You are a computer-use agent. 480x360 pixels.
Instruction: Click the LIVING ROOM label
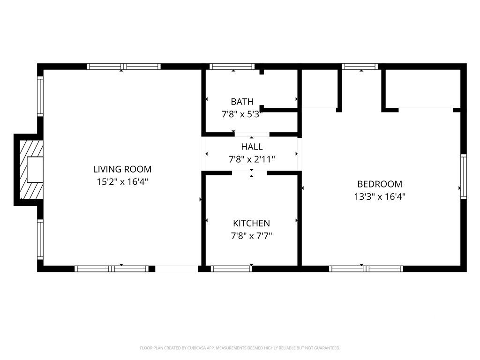point(122,169)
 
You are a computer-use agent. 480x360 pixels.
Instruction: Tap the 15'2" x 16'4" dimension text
point(122,181)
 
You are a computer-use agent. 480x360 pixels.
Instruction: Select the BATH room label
point(242,102)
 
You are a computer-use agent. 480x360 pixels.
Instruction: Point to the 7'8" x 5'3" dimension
point(242,113)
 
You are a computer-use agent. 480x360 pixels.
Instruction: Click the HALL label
point(252,147)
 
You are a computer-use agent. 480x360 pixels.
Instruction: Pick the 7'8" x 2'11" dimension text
point(252,159)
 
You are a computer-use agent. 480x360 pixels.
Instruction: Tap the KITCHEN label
point(251,223)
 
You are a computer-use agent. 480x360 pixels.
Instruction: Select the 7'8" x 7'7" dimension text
point(251,235)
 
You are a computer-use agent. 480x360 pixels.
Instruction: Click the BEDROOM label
point(380,184)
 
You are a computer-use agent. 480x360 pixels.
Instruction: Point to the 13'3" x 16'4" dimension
point(380,196)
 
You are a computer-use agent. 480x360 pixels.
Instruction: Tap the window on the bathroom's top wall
point(232,66)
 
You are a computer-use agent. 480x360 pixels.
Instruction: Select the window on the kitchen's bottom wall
point(231,269)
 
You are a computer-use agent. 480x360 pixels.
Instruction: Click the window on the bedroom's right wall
point(463,177)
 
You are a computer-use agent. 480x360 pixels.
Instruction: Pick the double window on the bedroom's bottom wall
point(366,269)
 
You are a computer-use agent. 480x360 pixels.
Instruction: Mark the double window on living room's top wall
point(124,66)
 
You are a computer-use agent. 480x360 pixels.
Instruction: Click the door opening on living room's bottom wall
point(176,269)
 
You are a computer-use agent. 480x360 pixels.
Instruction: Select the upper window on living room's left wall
point(40,96)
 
